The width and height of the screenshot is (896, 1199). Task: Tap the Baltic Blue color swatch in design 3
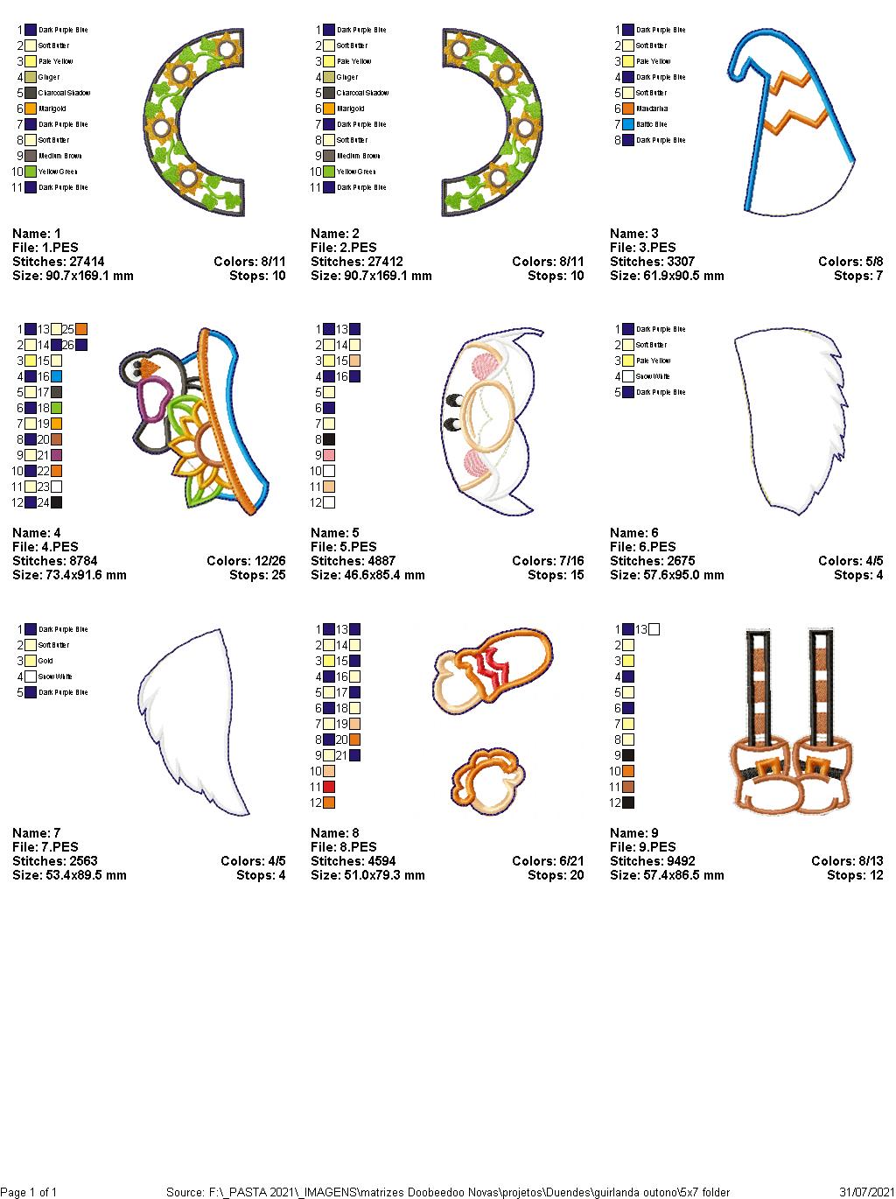coord(628,124)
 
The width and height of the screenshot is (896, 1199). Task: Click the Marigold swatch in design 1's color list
coord(31,109)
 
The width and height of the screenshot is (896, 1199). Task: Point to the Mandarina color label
coord(652,109)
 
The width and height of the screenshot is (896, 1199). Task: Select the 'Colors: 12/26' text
coord(246,561)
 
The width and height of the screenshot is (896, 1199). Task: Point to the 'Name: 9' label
coord(634,833)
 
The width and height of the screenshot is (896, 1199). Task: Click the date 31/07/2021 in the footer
coord(864,1192)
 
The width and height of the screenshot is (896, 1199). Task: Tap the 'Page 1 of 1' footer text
coord(30,1192)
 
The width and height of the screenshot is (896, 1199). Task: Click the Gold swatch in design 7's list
coord(31,661)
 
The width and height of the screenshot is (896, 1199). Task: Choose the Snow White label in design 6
coord(654,376)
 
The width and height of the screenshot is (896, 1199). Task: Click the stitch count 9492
coord(675,861)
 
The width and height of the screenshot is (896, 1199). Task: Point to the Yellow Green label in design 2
coord(355,172)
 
